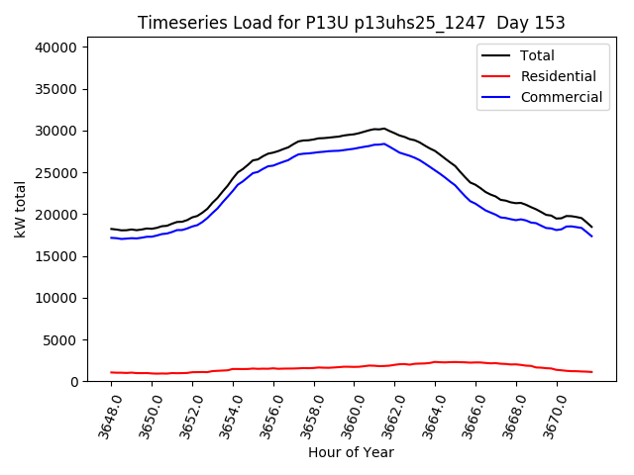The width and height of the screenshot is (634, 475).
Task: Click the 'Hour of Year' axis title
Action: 351,452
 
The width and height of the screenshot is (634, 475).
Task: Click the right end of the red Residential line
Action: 591,372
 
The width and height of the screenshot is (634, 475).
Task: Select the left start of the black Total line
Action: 111,229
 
